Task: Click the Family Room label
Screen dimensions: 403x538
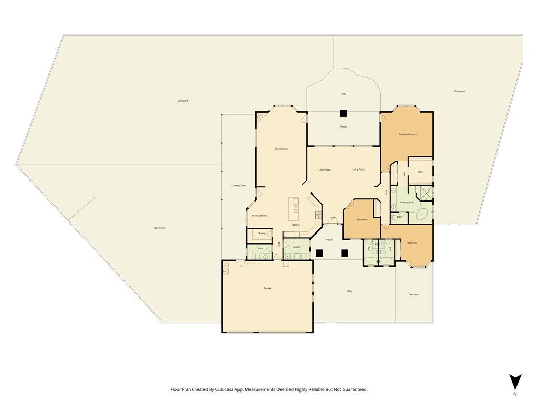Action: pyautogui.click(x=282, y=149)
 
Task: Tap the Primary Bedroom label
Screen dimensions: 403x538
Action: pyautogui.click(x=407, y=134)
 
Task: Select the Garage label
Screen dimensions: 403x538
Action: pyautogui.click(x=267, y=288)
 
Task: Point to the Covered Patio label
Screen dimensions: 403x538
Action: pyautogui.click(x=239, y=185)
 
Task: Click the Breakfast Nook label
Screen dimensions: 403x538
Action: pyautogui.click(x=260, y=216)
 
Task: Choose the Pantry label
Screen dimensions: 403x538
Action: pyautogui.click(x=262, y=233)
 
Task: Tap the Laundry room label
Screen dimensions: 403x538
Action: pyautogui.click(x=297, y=247)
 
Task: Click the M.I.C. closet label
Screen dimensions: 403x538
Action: pyautogui.click(x=420, y=172)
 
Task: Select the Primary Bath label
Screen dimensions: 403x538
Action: pyautogui.click(x=407, y=202)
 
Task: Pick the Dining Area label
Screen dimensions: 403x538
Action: pyautogui.click(x=325, y=169)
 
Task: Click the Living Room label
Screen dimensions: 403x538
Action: pyautogui.click(x=358, y=169)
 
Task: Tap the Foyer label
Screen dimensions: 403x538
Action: pyautogui.click(x=333, y=217)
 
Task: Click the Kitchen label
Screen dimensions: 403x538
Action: pyautogui.click(x=296, y=225)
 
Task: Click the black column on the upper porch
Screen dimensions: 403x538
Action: pyautogui.click(x=343, y=113)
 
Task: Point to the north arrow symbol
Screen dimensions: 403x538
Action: pyautogui.click(x=515, y=381)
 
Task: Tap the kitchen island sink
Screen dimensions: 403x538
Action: pyautogui.click(x=295, y=201)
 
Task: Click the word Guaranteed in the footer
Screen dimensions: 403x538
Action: pyautogui.click(x=353, y=389)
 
